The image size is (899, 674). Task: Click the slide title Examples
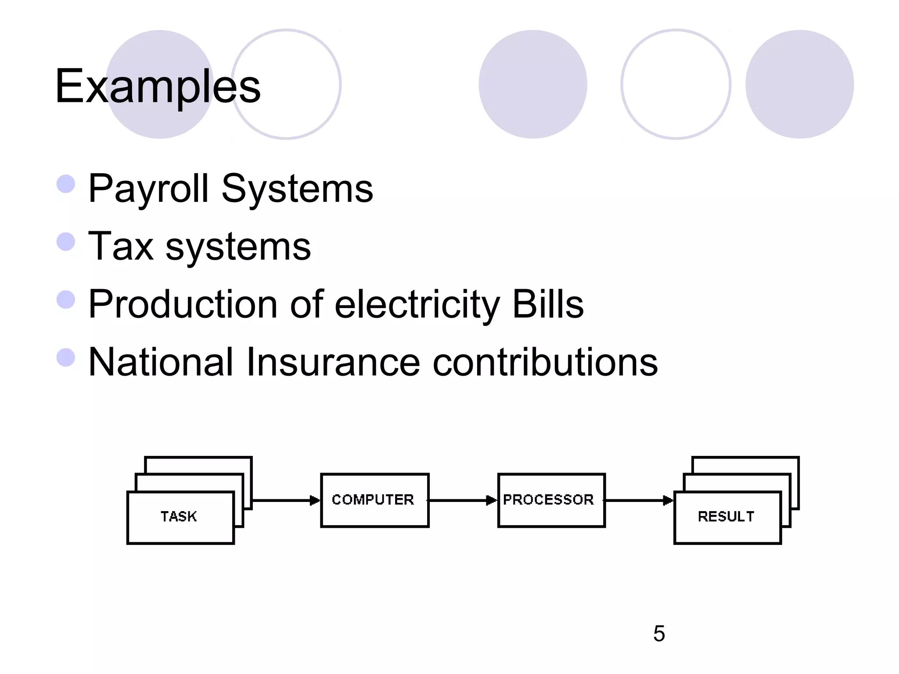[x=158, y=86]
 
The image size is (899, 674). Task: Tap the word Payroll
[x=148, y=189]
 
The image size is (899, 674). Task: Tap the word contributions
[x=545, y=362]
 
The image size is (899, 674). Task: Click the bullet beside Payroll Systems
[x=66, y=184]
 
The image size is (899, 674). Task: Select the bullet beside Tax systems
[x=66, y=242]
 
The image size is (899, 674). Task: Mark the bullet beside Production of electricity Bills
[x=66, y=300]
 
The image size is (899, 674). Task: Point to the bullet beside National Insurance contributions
[x=66, y=357]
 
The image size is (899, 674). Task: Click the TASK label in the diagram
[x=179, y=516]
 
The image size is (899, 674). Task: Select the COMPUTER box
[x=374, y=500]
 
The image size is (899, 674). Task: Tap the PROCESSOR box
[x=551, y=500]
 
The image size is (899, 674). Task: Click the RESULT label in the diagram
[x=726, y=516]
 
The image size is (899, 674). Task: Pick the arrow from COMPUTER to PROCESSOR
[x=463, y=500]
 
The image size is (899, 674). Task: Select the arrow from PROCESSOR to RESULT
[x=639, y=500]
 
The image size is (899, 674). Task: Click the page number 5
[x=659, y=634]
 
